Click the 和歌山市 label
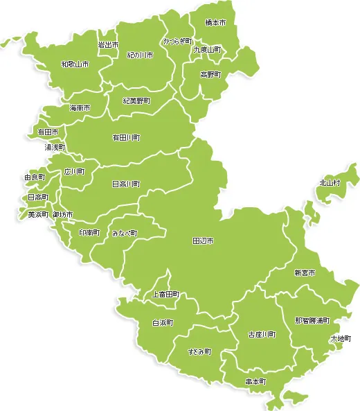click(x=75, y=64)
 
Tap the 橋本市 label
click(x=216, y=23)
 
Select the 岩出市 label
click(x=108, y=45)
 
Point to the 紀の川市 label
click(x=140, y=55)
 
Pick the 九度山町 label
click(x=207, y=50)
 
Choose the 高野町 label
click(x=210, y=74)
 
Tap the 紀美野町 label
click(x=136, y=100)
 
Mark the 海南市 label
click(x=80, y=108)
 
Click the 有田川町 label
click(x=127, y=138)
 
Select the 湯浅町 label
click(x=55, y=148)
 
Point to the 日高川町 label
click(x=127, y=184)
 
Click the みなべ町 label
click(x=125, y=234)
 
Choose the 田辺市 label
click(x=203, y=241)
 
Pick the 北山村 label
click(x=330, y=183)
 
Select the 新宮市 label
click(x=305, y=273)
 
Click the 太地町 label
click(x=341, y=339)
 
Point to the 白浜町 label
click(x=163, y=323)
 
